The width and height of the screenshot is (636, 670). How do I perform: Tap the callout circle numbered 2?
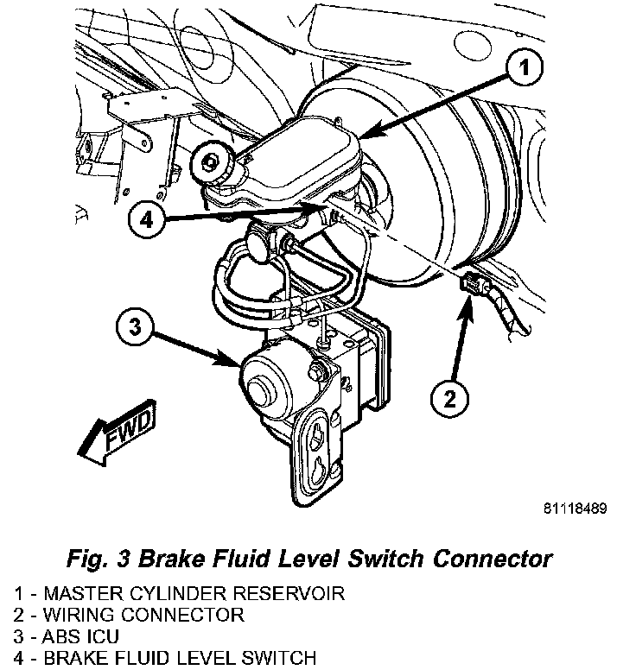pyautogui.click(x=449, y=398)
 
